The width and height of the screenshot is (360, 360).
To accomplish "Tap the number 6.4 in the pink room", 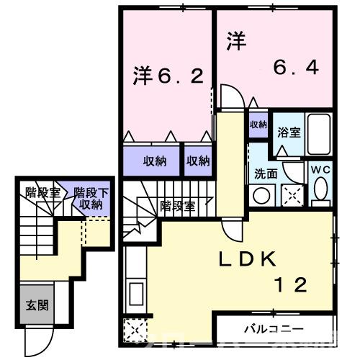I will tap(296, 68).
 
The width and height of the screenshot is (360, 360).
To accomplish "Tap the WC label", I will tap(320, 169).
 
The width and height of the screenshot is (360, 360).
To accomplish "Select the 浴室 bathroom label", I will tap(290, 132).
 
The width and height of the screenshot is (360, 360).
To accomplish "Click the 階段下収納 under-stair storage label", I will tap(91, 198).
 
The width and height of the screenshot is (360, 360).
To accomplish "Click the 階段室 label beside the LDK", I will tap(177, 205).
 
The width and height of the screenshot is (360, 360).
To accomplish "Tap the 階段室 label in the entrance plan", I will tap(41, 192).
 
